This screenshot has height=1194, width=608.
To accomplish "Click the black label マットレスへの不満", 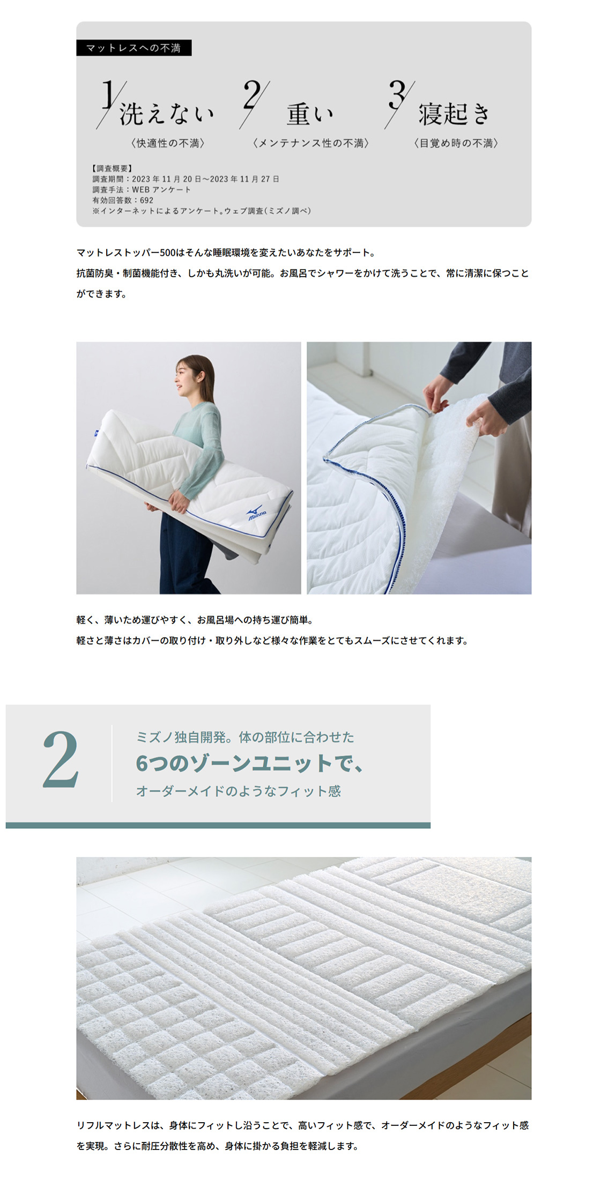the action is click(x=134, y=48).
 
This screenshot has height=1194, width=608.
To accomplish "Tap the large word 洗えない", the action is click(x=166, y=114).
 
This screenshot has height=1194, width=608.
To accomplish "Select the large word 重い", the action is click(x=310, y=114).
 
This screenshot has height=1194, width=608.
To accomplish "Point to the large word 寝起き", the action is click(x=454, y=114).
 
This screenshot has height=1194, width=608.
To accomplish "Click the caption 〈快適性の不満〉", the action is click(x=168, y=143).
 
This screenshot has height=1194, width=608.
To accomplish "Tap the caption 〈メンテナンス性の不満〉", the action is click(x=311, y=143).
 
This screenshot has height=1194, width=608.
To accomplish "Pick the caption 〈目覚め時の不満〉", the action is click(x=456, y=143).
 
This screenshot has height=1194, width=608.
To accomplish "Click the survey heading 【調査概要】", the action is click(x=112, y=168).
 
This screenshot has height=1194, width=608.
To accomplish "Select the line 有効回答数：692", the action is click(x=123, y=200).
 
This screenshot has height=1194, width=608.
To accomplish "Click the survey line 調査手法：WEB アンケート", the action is click(x=142, y=189).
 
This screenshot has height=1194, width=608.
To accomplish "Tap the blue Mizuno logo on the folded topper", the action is click(x=257, y=513).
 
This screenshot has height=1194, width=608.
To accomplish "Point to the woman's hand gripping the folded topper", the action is click(x=177, y=502).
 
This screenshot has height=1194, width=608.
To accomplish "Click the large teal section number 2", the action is click(x=61, y=759).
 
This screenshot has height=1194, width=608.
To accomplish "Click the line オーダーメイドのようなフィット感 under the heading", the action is click(x=239, y=791).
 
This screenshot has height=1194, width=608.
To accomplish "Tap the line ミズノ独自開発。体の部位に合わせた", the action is click(x=245, y=737).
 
